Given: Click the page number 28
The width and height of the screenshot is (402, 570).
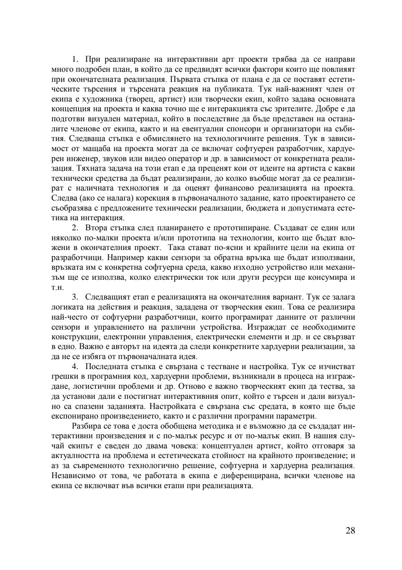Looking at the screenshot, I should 350,531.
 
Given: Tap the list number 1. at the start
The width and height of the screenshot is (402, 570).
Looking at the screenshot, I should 75,59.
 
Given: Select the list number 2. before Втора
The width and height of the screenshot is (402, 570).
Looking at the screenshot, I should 75,227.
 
